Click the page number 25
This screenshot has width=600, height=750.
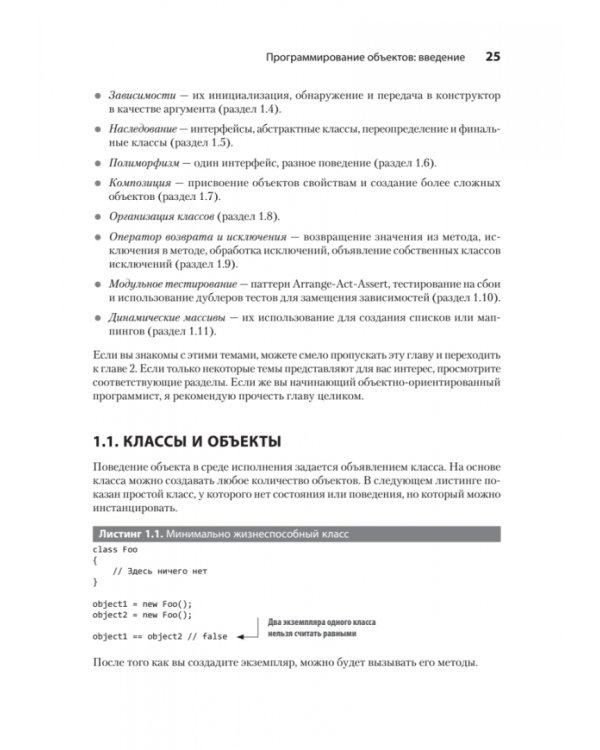492,56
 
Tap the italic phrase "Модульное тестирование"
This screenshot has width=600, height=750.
173,284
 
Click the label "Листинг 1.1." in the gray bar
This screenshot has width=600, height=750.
126,531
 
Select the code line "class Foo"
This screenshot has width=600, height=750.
115,549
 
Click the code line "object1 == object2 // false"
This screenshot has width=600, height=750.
160,636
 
